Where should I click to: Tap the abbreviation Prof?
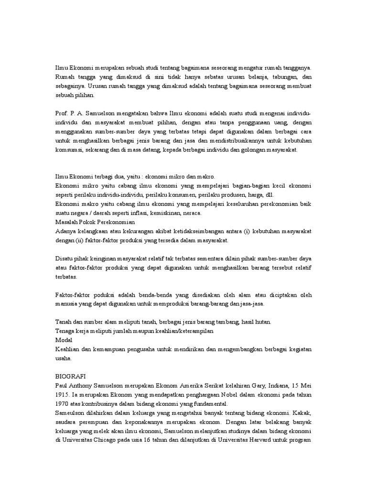tap(62, 112)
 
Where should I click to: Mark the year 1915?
tap(63, 395)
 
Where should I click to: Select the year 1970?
tap(64, 404)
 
